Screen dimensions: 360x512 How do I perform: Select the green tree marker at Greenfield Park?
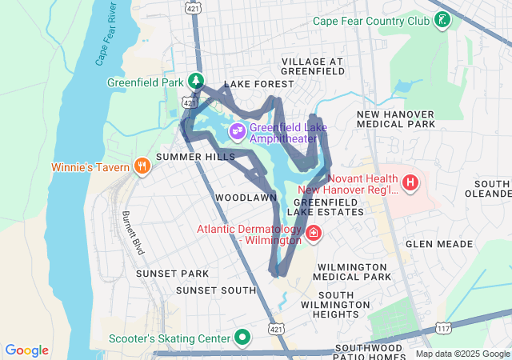click(x=194, y=81)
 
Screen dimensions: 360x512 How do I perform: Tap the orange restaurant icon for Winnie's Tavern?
click(x=142, y=166)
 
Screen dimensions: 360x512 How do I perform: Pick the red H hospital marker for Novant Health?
click(x=410, y=183)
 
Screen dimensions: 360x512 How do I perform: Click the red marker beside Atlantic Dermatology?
click(x=314, y=234)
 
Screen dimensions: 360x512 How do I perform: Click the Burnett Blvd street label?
click(x=133, y=233)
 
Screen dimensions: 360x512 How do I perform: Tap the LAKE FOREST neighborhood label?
click(x=254, y=84)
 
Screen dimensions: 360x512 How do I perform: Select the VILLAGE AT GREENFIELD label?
click(x=312, y=66)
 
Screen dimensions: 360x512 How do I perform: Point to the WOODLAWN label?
click(x=246, y=197)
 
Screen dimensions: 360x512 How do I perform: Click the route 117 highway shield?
click(x=443, y=327)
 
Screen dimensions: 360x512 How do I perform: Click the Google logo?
click(x=26, y=350)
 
